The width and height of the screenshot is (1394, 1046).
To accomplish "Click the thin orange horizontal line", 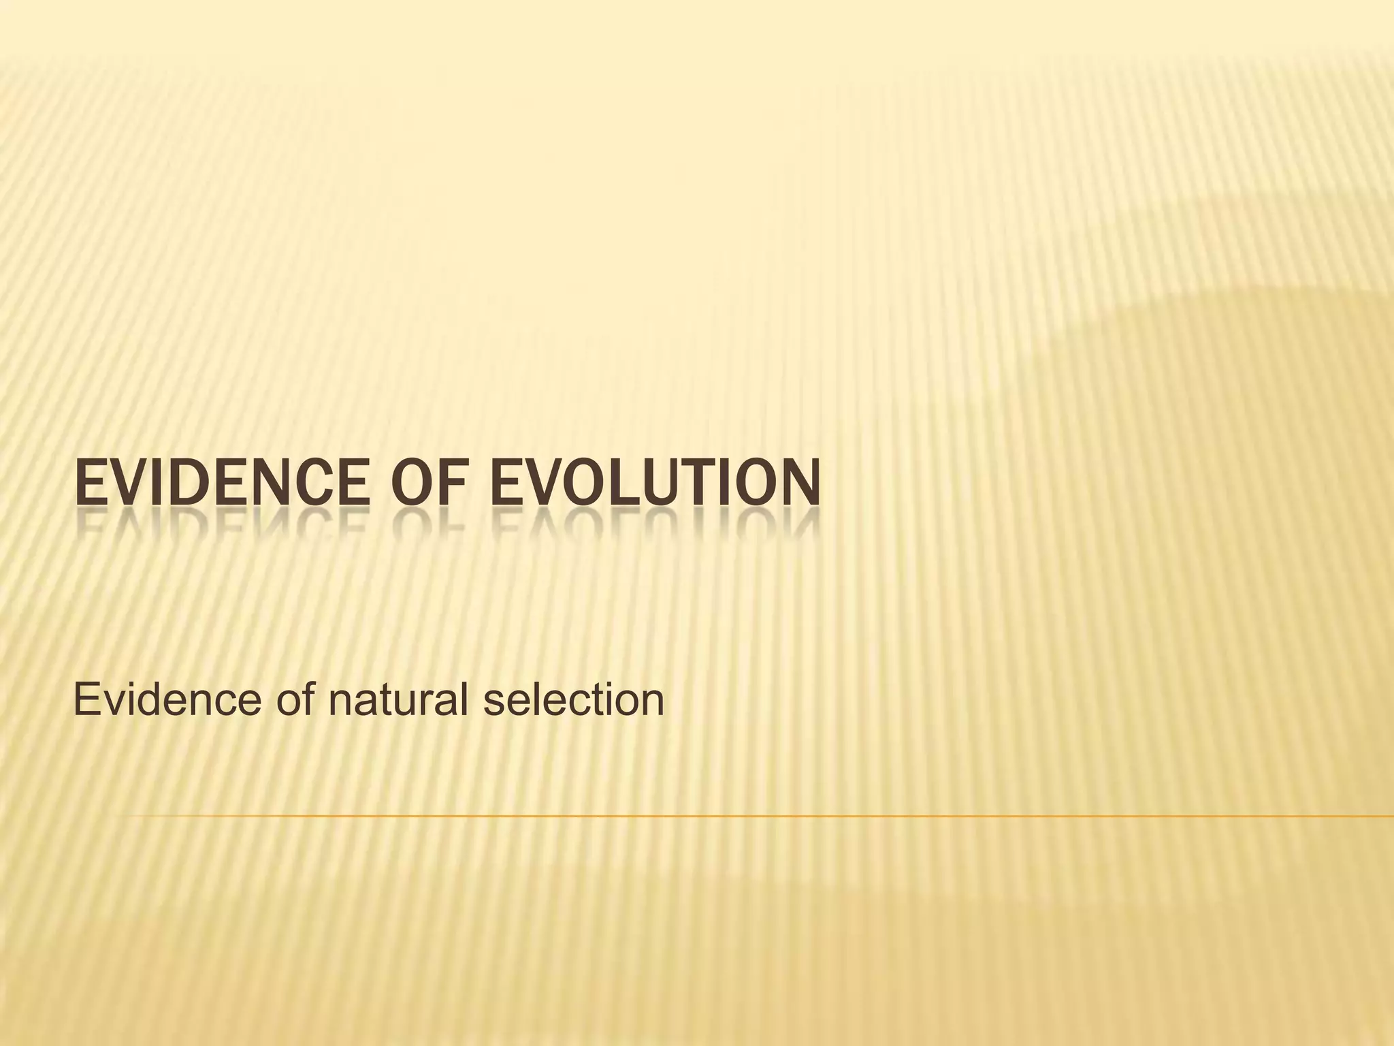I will (x=749, y=815).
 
